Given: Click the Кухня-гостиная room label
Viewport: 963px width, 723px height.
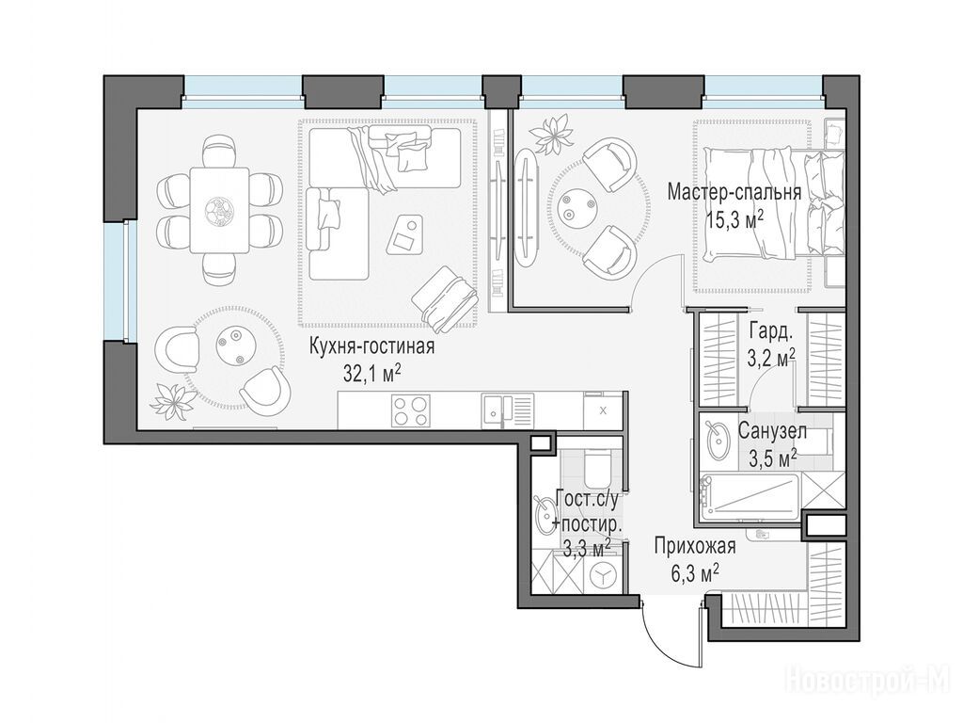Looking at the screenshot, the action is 371,346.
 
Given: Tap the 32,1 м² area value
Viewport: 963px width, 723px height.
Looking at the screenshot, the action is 372,373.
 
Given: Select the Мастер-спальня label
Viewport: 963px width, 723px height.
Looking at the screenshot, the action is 734,192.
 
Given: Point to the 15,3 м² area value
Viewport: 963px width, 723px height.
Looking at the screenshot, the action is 734,219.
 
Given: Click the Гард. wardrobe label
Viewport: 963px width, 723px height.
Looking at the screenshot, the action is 771,332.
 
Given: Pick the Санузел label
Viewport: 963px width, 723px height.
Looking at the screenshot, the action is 772,431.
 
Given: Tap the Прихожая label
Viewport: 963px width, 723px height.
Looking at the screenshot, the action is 695,547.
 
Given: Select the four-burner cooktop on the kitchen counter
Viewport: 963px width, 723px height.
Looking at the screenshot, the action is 411,410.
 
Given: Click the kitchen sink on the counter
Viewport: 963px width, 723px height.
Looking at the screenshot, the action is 508,410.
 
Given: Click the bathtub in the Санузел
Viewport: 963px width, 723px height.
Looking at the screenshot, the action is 750,495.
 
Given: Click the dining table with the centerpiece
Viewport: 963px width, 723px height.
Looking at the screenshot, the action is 219,210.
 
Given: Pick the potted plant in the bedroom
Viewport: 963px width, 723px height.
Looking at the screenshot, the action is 551,136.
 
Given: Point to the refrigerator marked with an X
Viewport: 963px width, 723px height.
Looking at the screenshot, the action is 603,410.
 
